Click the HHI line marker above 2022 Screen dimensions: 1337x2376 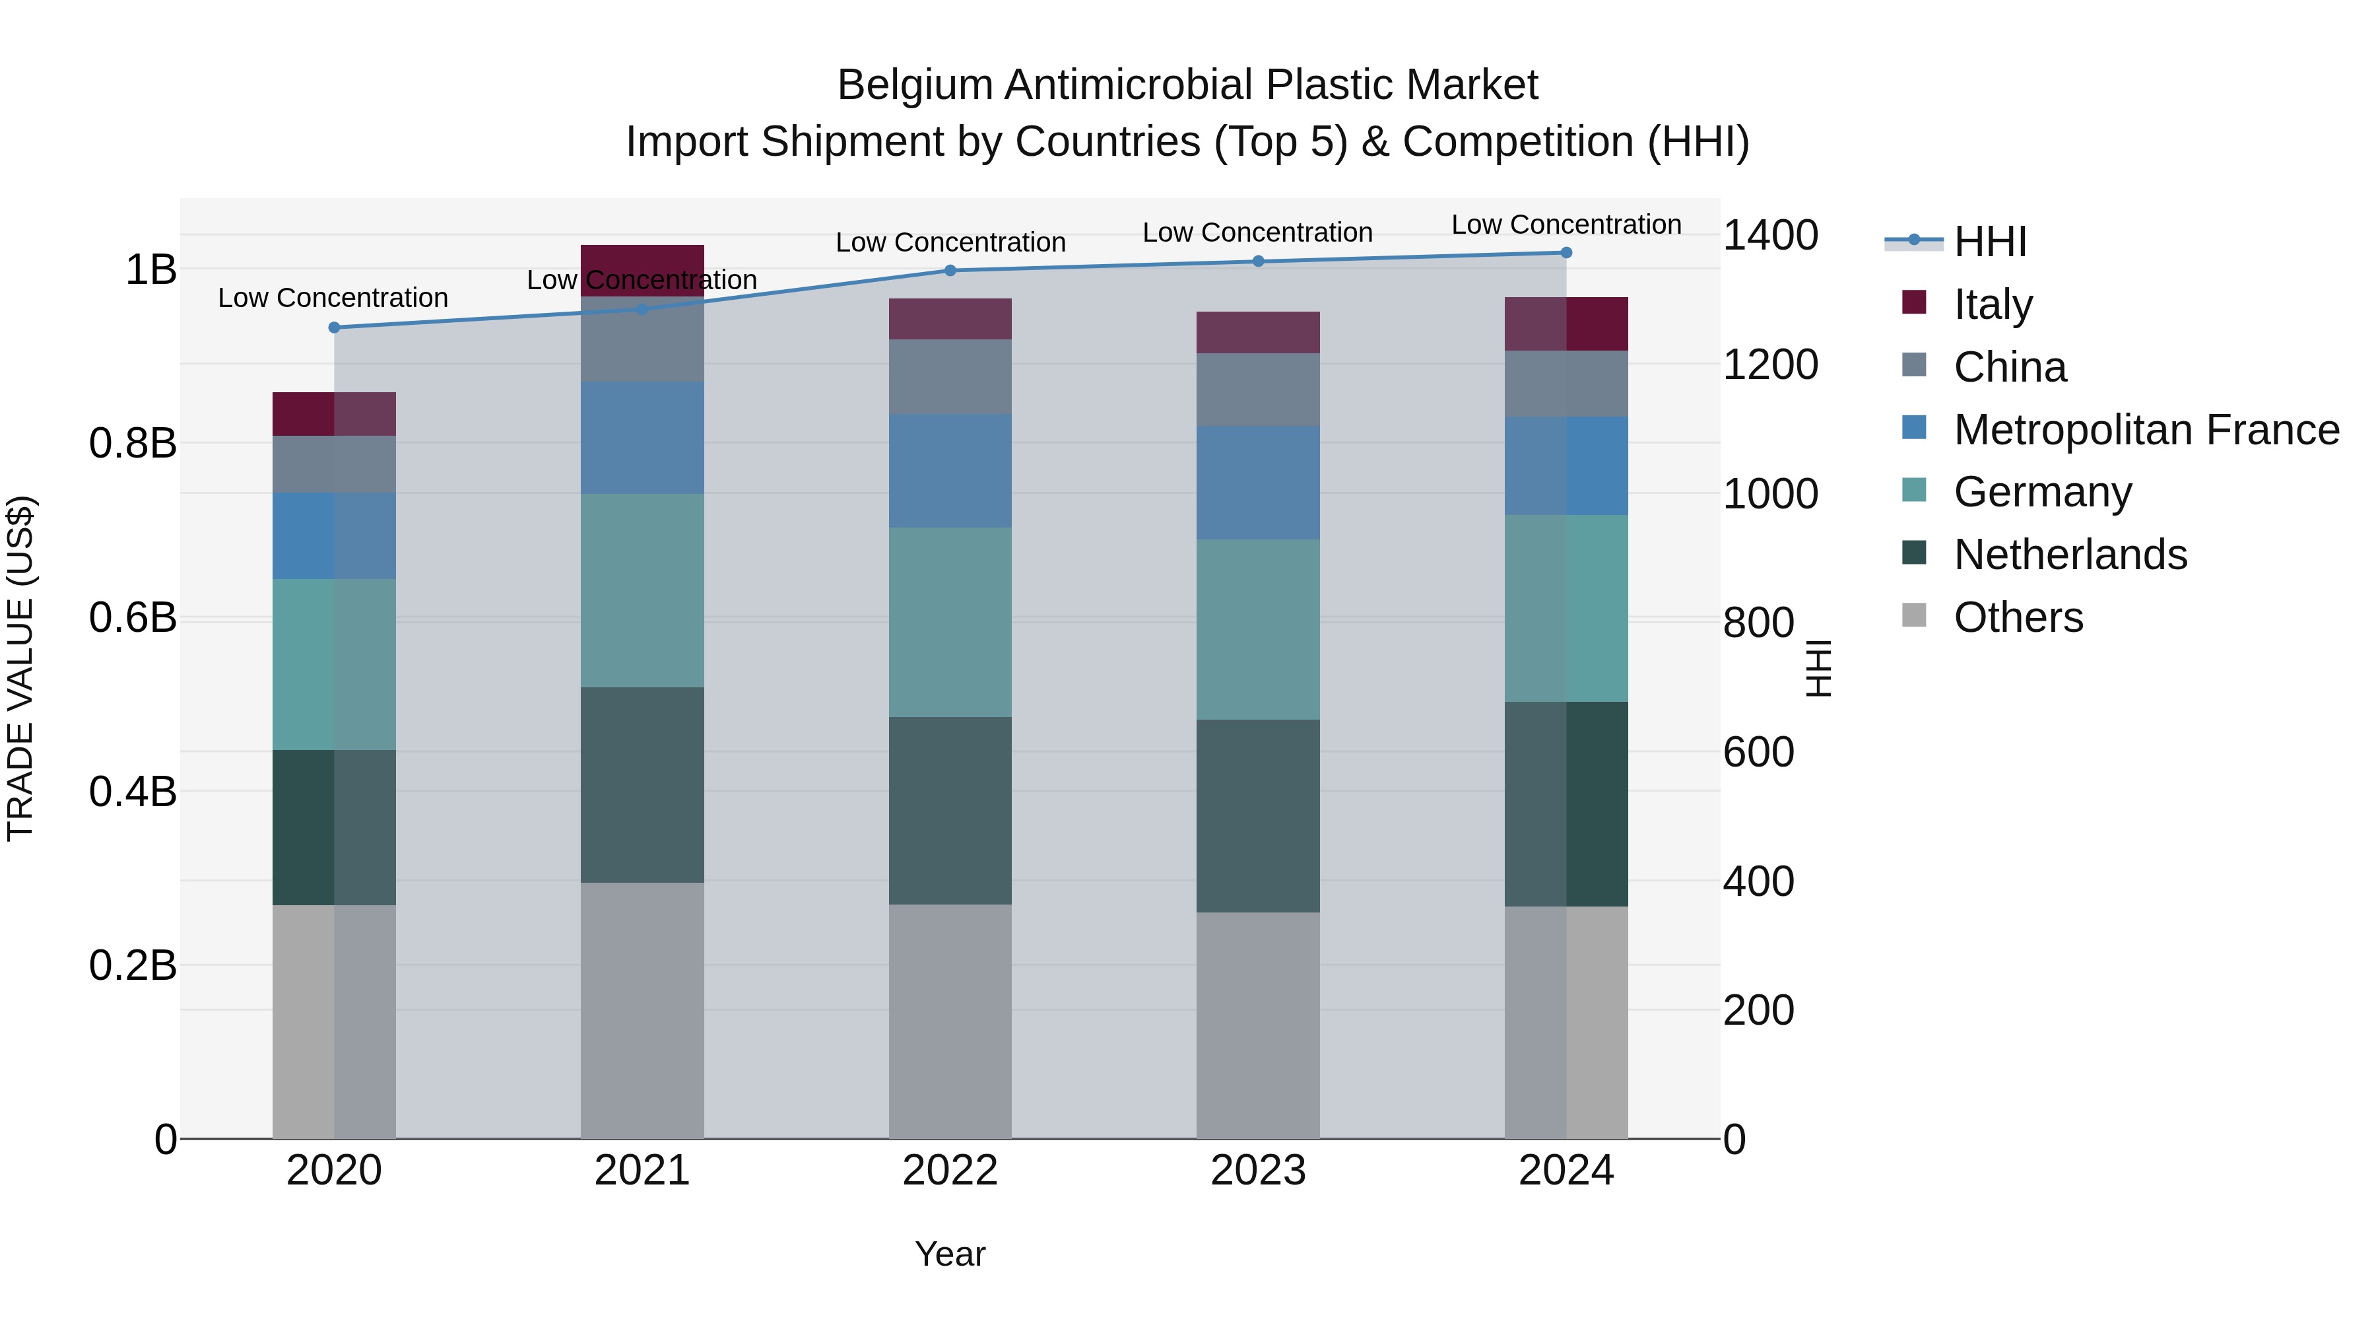(x=950, y=270)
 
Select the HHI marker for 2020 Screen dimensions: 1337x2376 (x=334, y=327)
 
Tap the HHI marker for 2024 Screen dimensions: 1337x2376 (x=1566, y=253)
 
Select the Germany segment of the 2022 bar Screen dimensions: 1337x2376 (x=950, y=622)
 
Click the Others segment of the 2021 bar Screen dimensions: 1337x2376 (x=642, y=1010)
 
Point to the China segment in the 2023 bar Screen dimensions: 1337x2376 (x=1258, y=390)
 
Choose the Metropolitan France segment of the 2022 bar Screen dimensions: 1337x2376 (x=950, y=471)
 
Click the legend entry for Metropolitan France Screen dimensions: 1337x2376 (x=2146, y=430)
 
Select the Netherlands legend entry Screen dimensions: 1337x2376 (x=2070, y=555)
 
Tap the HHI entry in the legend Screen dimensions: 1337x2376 (x=1989, y=242)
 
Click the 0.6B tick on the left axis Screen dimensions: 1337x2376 (x=133, y=617)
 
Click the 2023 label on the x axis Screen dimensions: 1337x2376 (x=1258, y=1171)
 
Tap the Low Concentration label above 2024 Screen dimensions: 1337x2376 (x=1566, y=224)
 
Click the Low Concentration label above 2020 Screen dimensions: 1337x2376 (x=333, y=298)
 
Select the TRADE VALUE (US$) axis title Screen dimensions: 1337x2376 (x=20, y=668)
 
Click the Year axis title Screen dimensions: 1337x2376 (x=950, y=1254)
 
